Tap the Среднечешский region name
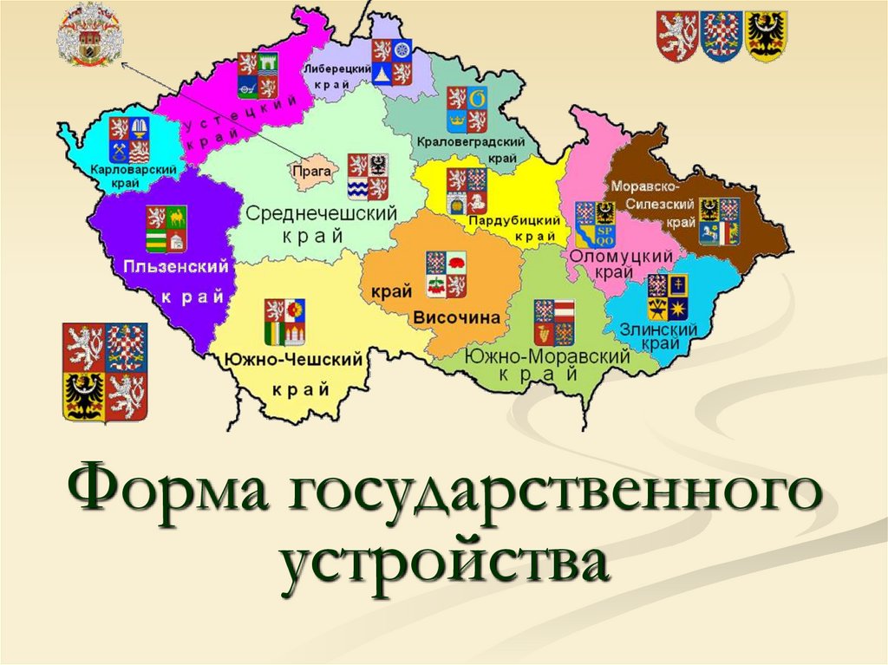(x=322, y=213)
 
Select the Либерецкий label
(x=336, y=68)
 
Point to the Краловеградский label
(x=473, y=141)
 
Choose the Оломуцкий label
(x=622, y=257)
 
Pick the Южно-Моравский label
(x=546, y=356)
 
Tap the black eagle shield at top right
(x=767, y=36)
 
